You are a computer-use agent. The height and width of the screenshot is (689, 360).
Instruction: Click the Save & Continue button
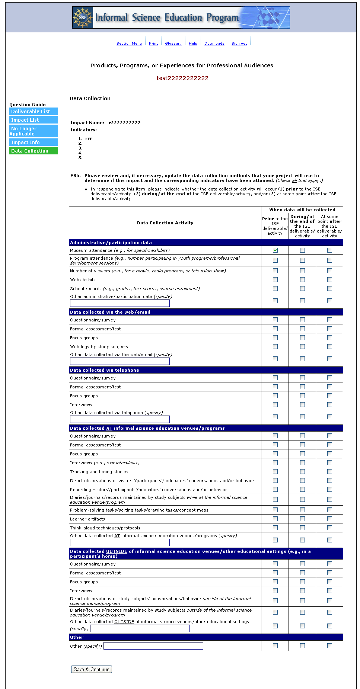coord(92,669)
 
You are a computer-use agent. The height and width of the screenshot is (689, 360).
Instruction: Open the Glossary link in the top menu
coord(173,44)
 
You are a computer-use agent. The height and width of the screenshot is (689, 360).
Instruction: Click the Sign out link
coord(239,44)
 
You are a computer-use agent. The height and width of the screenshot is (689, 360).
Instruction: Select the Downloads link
coord(214,44)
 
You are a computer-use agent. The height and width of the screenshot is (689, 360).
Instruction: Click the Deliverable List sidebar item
coord(34,111)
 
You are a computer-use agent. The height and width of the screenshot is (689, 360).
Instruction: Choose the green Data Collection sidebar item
coord(34,151)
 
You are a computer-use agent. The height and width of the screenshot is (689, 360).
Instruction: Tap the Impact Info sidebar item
coord(34,142)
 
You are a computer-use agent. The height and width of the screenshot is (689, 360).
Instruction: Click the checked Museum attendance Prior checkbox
coord(275,250)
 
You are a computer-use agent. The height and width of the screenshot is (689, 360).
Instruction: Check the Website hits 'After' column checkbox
coord(329,280)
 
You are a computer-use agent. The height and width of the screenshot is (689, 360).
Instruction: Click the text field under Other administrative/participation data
coord(120,303)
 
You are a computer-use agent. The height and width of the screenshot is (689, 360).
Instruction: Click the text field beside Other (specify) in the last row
coord(153,646)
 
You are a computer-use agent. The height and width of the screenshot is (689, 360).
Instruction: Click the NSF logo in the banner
coord(83,17)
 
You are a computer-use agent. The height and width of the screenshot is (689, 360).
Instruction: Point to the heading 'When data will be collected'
coord(302,210)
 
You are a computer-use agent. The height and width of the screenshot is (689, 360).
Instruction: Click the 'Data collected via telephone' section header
coord(105,370)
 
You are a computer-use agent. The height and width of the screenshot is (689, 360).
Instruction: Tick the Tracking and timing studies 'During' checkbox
coord(302,472)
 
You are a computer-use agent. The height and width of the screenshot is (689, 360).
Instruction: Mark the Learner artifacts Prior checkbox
coord(275,519)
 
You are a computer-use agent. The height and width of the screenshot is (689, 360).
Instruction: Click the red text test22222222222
coord(182,78)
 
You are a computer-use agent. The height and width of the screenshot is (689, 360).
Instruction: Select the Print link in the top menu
coord(153,44)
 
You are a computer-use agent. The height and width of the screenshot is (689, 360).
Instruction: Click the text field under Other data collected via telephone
coord(120,419)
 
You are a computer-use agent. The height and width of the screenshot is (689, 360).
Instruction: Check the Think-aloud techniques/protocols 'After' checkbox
coord(329,528)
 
